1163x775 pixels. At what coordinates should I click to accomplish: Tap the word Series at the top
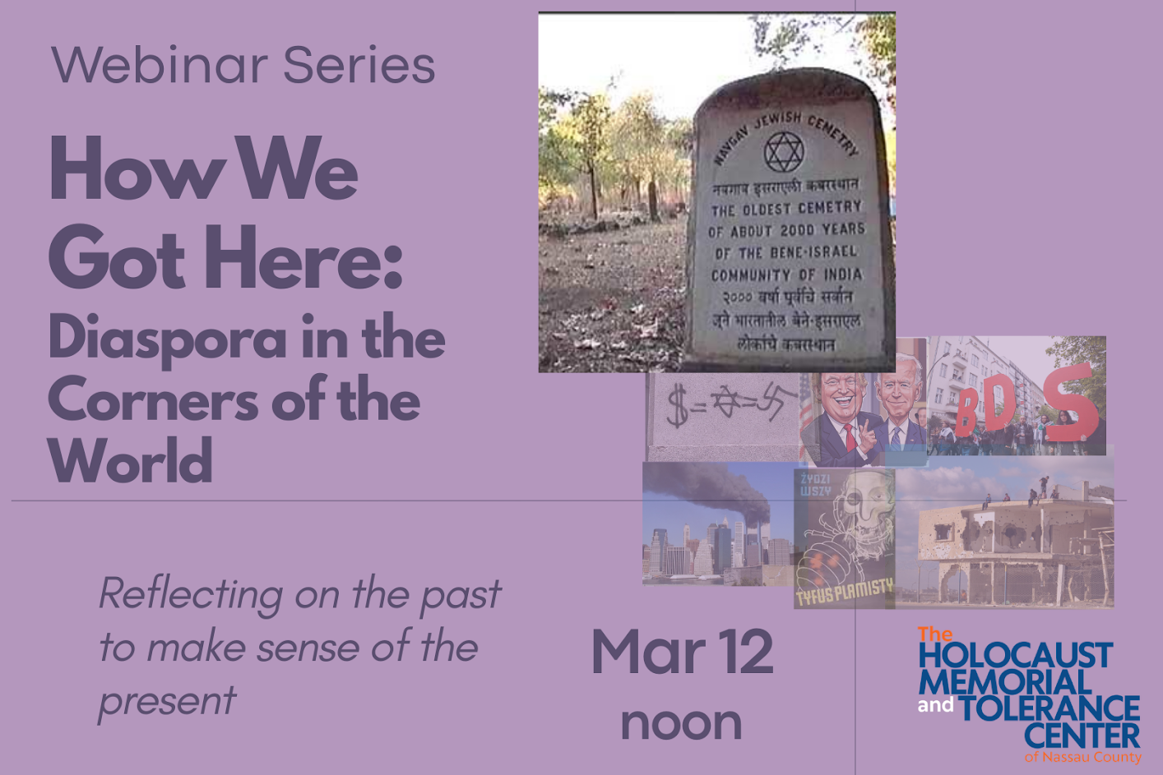point(359,65)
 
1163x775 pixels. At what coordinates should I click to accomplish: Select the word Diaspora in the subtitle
point(168,339)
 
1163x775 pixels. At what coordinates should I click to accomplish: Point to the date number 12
point(744,652)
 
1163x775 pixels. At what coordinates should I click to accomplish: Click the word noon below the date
point(681,722)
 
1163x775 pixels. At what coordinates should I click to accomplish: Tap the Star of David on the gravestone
point(783,152)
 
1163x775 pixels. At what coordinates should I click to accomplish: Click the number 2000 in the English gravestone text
point(796,230)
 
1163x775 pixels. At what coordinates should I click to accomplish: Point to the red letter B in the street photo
point(967,411)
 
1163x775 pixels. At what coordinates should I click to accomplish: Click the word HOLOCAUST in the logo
point(1015,655)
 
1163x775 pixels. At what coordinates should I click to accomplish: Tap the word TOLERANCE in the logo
point(1049,708)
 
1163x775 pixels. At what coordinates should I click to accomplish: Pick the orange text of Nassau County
point(1082,757)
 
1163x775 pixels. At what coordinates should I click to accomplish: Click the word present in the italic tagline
point(167,701)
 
